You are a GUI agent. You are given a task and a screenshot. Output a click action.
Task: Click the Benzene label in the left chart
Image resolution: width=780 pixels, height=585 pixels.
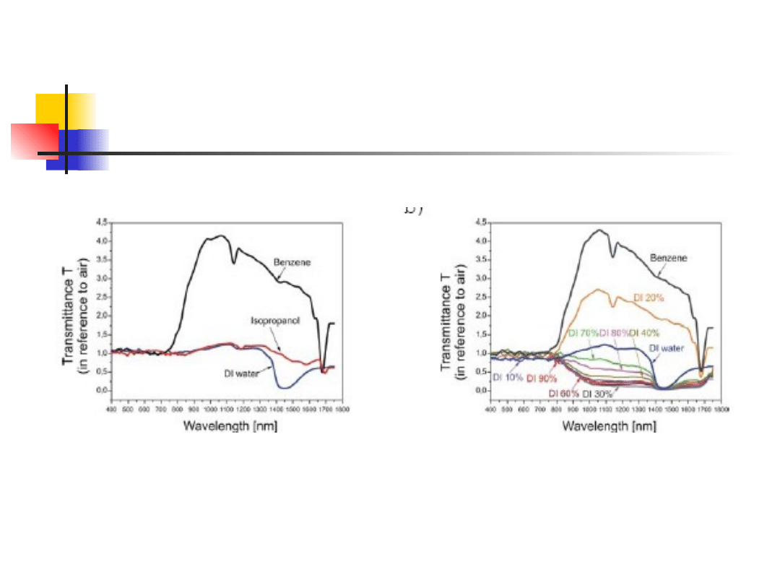(293, 262)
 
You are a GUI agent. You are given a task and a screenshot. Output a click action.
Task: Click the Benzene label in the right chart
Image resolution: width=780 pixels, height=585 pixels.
(668, 257)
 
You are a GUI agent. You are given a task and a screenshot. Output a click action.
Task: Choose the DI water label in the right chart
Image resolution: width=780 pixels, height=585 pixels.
(667, 348)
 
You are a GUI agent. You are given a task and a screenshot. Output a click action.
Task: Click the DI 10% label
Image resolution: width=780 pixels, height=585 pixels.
(507, 377)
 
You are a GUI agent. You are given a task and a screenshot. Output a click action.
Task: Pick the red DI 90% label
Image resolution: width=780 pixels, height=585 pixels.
(542, 378)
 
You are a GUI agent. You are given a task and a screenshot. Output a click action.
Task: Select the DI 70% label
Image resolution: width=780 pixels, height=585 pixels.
(584, 333)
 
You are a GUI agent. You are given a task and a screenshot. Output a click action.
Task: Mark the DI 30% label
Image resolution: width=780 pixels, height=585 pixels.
(597, 394)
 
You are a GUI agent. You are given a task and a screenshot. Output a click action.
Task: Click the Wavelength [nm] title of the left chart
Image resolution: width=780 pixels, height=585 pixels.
(230, 425)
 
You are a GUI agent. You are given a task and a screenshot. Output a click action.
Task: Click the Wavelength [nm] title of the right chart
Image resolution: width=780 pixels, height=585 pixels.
(609, 425)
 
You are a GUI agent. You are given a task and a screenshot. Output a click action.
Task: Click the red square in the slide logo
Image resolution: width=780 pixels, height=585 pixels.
(34, 141)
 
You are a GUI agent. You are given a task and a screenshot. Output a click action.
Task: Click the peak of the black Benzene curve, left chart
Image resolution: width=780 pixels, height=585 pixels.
(220, 235)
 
